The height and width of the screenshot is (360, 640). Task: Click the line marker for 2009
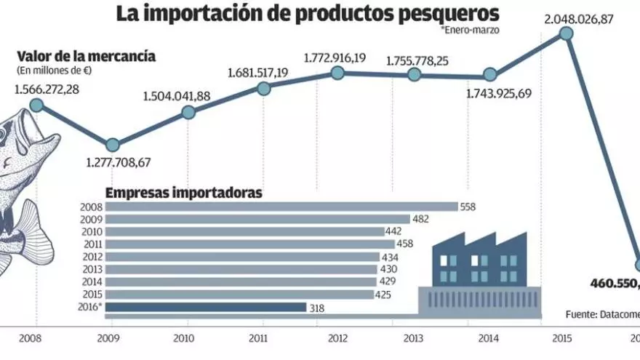[x=112, y=144]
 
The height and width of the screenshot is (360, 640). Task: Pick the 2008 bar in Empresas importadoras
[x=281, y=207]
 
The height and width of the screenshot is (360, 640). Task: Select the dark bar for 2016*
[x=206, y=308]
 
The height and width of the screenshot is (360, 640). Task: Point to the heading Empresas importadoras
[x=184, y=193]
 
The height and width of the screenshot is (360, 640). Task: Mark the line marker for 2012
[x=337, y=73]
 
